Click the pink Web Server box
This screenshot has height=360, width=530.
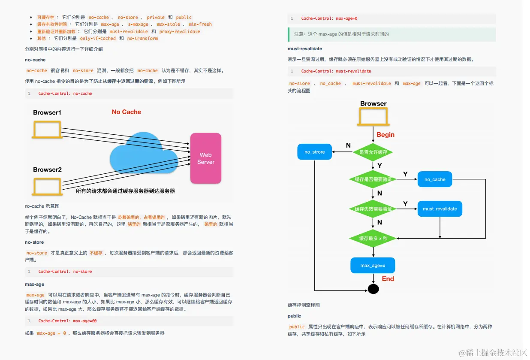[x=206, y=158]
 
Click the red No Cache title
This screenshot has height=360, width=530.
[x=126, y=112]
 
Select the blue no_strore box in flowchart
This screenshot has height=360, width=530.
[x=315, y=152]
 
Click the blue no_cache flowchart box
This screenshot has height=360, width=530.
[x=435, y=179]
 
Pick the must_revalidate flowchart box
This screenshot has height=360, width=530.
[x=440, y=209]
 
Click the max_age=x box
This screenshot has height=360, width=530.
[x=373, y=266]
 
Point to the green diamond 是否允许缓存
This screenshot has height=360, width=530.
[x=373, y=152]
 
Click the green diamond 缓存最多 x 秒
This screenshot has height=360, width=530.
[x=373, y=238]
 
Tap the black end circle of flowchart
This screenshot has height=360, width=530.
[x=373, y=289]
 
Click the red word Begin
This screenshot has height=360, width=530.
[x=385, y=135]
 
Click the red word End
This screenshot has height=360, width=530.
[x=388, y=279]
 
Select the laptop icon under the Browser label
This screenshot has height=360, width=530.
[x=373, y=116]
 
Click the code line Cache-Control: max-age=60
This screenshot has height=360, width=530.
[x=67, y=321]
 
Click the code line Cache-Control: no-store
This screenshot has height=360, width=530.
[x=65, y=272]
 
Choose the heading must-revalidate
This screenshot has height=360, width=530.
[x=305, y=49]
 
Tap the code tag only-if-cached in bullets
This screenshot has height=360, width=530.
[x=98, y=39]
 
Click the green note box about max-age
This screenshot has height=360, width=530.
[x=391, y=34]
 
